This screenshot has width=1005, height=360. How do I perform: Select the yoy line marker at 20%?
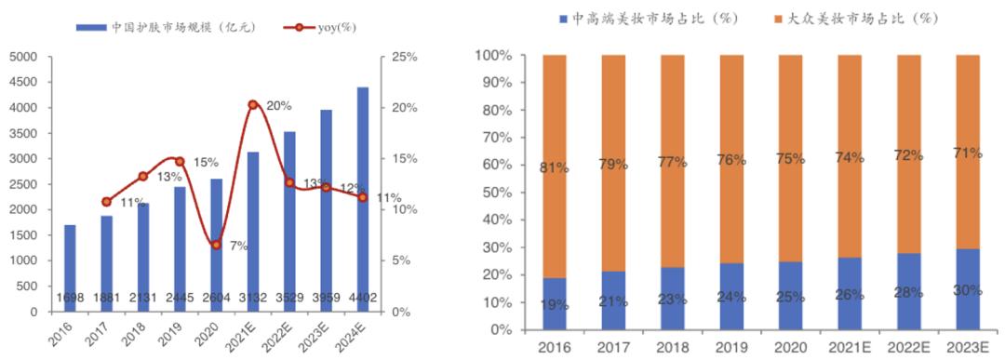click(x=253, y=105)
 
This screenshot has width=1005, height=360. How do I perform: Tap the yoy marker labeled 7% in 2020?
click(x=216, y=245)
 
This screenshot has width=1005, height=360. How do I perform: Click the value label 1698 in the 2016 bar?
click(x=70, y=298)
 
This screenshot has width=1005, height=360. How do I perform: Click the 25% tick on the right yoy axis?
click(x=403, y=58)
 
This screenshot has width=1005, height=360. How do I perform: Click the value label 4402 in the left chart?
click(x=363, y=298)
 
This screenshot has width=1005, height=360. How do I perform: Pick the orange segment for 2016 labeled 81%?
click(x=556, y=167)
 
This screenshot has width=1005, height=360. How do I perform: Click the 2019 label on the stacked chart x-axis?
click(x=732, y=348)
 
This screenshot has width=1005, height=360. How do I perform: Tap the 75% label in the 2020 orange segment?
click(x=792, y=159)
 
